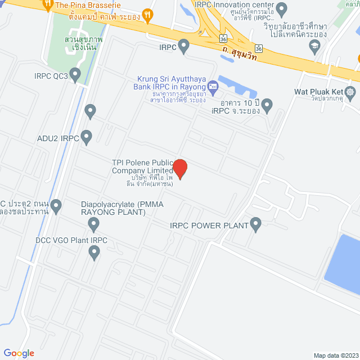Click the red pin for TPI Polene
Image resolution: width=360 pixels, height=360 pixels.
pos(180,168)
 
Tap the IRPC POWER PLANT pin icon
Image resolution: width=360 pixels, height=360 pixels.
pos(256,226)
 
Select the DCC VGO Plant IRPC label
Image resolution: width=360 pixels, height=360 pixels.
pos(71,240)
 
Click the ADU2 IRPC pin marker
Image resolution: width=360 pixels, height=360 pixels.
pos(86,137)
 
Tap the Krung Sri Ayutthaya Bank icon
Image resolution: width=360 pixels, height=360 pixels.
pos(213,86)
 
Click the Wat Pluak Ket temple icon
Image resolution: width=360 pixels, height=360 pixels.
pos(351,92)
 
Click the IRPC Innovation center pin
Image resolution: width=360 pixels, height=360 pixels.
pos(282,8)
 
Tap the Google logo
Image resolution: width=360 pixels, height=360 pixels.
pos(19,353)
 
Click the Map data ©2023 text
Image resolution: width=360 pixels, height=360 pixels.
pos(336,355)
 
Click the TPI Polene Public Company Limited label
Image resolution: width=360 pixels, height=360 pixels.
pos(142,166)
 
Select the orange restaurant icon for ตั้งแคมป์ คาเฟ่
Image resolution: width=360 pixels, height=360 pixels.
pos(148,15)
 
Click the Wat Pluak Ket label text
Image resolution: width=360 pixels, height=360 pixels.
pos(318,92)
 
